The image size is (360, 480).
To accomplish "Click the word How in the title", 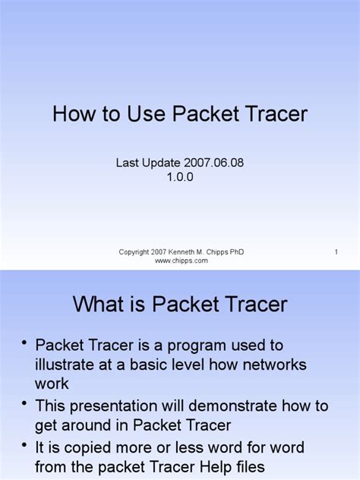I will pos(71,115).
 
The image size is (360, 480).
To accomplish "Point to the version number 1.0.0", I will pos(180,177).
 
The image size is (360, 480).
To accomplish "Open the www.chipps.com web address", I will pos(181,261).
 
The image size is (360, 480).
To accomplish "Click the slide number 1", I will pos(335,251).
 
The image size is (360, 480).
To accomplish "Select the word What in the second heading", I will pos(98,305).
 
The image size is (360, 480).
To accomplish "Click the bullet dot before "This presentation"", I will pos(25,403).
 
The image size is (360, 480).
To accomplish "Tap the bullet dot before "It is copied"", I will pos(25,444).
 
